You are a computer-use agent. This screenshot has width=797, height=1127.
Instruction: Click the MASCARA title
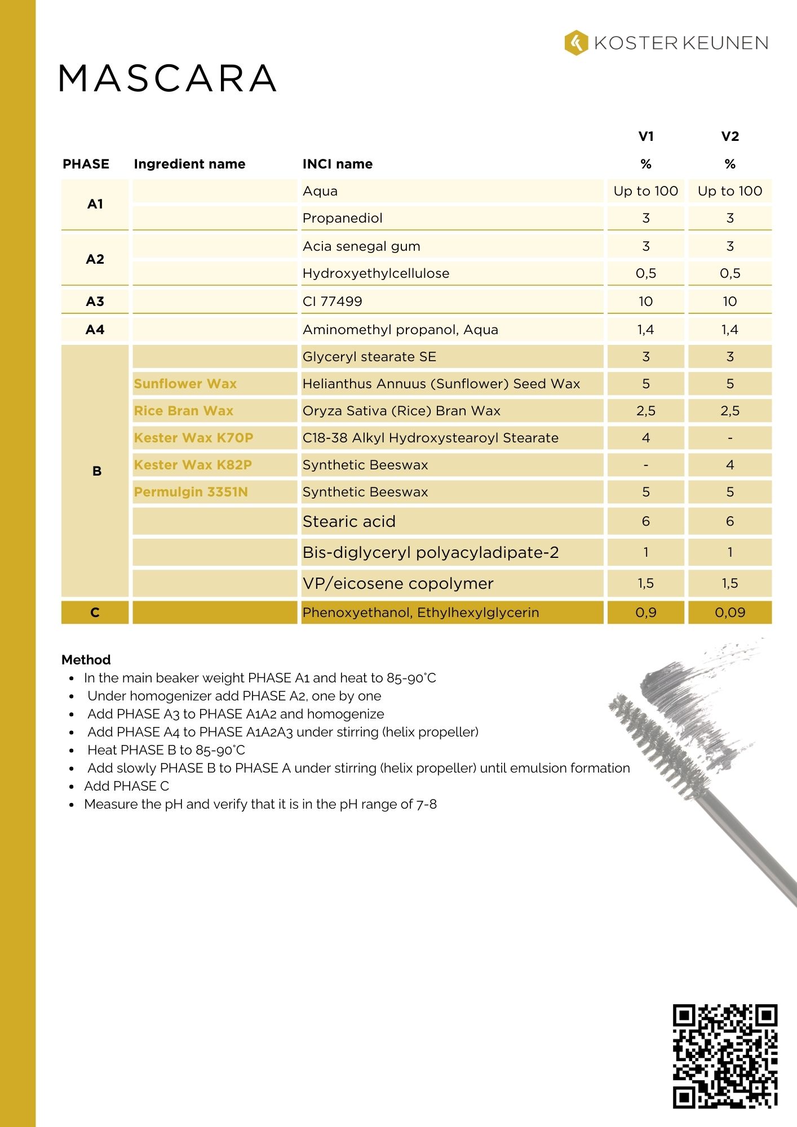tap(167, 78)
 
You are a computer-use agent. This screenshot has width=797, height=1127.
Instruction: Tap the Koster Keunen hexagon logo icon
tap(575, 43)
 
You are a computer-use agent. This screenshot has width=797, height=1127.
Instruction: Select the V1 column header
tap(645, 136)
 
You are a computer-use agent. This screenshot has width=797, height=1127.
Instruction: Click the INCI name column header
tap(337, 164)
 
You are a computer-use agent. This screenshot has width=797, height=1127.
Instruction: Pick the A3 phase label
tap(95, 301)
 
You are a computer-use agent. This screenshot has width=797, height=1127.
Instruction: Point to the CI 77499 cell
tap(332, 301)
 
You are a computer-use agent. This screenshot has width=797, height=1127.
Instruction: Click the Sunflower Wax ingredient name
tap(185, 384)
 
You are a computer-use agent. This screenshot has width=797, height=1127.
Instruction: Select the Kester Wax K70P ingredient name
tap(193, 438)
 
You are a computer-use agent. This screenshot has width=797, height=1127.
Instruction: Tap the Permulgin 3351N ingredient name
tap(191, 492)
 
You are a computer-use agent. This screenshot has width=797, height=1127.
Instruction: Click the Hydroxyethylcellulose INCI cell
tap(375, 273)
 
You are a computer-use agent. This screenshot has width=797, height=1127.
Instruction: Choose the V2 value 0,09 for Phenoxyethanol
tap(729, 613)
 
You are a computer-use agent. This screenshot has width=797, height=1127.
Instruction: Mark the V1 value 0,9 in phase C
tap(645, 613)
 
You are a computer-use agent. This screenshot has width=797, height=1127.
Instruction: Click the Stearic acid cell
tap(349, 522)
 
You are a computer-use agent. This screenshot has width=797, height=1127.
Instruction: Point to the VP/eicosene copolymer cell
tap(397, 584)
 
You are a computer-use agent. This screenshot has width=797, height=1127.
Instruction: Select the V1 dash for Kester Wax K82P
tap(645, 465)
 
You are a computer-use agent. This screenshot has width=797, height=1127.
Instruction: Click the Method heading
tap(86, 660)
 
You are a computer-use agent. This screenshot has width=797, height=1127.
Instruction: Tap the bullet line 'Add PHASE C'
tap(126, 786)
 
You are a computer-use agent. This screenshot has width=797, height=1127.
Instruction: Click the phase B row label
tap(96, 471)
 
